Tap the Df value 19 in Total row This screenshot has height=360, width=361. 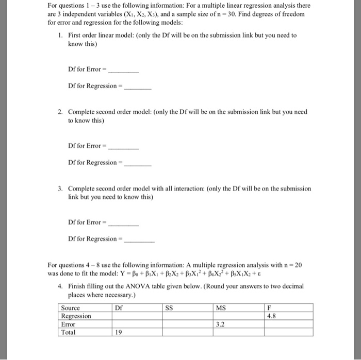(118, 333)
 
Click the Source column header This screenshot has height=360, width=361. (70, 308)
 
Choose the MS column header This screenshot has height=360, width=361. (221, 308)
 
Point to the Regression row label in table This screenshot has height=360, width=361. (76, 316)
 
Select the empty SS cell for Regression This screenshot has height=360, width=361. (187, 316)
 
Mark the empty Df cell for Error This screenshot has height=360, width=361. (136, 324)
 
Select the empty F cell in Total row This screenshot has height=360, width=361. (288, 333)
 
